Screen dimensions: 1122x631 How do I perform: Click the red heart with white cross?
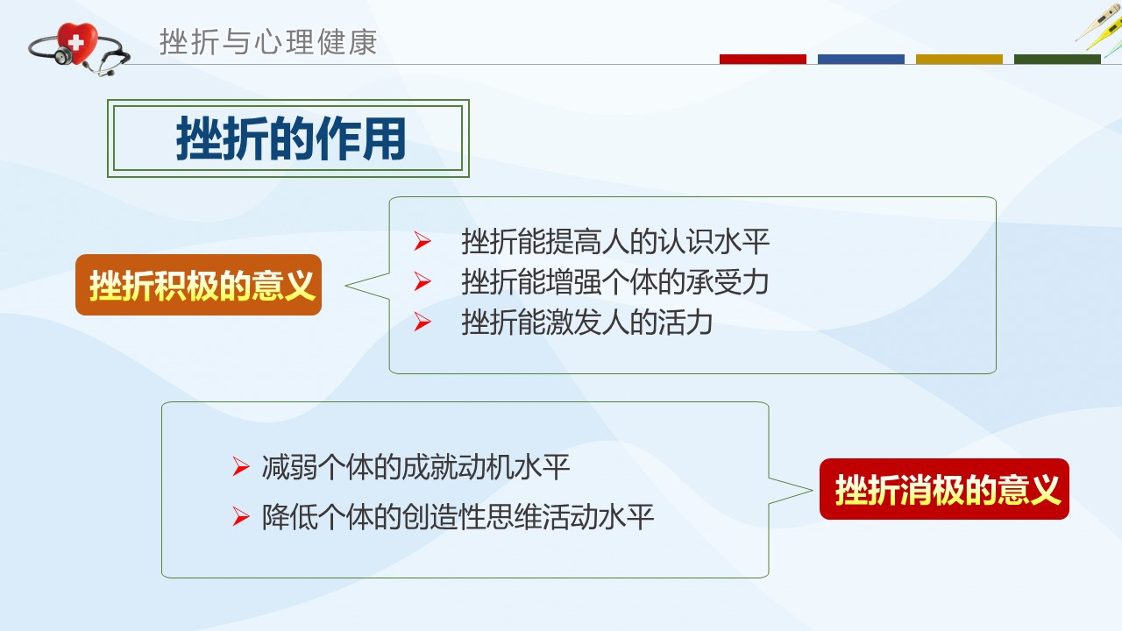pyautogui.click(x=76, y=43)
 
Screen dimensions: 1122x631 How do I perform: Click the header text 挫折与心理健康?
pyautogui.click(x=268, y=42)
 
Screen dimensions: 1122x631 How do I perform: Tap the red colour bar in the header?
pyautogui.click(x=763, y=59)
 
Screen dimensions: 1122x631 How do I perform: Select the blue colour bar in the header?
pyautogui.click(x=861, y=59)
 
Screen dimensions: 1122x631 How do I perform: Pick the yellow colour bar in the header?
pyautogui.click(x=959, y=59)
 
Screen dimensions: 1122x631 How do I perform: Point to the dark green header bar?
pyautogui.click(x=1057, y=59)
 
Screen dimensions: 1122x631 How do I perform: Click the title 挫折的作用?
pyautogui.click(x=290, y=138)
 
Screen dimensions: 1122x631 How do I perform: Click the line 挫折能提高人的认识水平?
pyautogui.click(x=615, y=242)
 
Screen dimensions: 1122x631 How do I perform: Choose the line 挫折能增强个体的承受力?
pyautogui.click(x=615, y=282)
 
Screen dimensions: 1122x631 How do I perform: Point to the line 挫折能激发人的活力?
pyautogui.click(x=587, y=323)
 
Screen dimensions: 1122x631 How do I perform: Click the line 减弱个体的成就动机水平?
pyautogui.click(x=415, y=467)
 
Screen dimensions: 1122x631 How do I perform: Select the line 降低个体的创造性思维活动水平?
pyautogui.click(x=458, y=517)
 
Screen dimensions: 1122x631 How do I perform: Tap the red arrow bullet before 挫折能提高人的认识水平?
pyautogui.click(x=423, y=241)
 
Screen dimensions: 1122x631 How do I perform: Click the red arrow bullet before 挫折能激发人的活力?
pyautogui.click(x=423, y=322)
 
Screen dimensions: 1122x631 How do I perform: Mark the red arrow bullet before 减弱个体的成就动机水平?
pyautogui.click(x=241, y=467)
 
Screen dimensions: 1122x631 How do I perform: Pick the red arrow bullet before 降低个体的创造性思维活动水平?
pyautogui.click(x=241, y=516)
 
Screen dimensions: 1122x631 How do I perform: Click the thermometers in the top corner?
pyautogui.click(x=1099, y=29)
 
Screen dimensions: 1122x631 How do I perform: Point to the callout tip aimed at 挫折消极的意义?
pyautogui.click(x=812, y=491)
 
